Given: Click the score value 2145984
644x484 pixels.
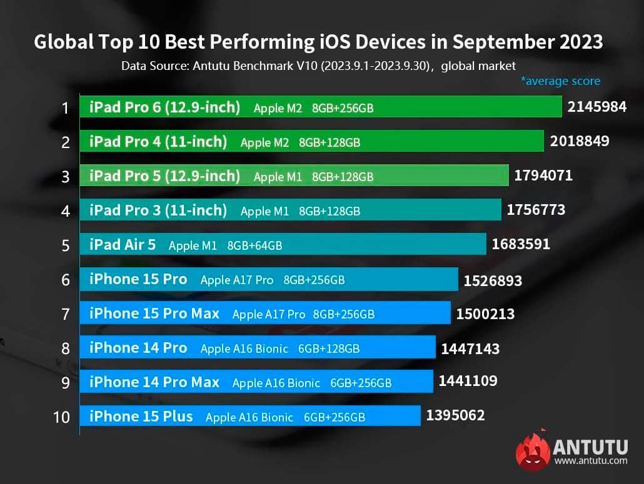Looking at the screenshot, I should (596, 107).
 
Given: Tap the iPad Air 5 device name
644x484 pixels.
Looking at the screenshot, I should (122, 245).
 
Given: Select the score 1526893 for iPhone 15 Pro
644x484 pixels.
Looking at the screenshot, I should (492, 282).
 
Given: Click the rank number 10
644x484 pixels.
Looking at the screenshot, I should (62, 417).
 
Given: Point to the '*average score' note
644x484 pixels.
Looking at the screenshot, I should (560, 81).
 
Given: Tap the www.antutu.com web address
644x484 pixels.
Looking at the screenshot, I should (590, 462).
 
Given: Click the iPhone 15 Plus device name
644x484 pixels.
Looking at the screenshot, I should (141, 416).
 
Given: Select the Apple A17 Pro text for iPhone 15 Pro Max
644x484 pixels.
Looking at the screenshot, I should (269, 314).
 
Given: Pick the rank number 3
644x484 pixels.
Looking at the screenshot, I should (66, 177).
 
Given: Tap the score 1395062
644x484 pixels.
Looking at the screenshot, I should (455, 415).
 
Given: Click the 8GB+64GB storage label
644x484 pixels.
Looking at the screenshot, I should (254, 246).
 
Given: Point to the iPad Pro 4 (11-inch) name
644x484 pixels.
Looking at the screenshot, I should (158, 142).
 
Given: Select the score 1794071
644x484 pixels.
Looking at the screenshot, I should (543, 176).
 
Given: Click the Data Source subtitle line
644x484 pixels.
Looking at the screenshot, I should (319, 66).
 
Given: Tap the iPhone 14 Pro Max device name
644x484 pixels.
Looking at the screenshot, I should (154, 382).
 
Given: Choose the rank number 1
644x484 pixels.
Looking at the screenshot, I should (65, 108).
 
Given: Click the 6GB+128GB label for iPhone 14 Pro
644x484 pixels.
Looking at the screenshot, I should (328, 348).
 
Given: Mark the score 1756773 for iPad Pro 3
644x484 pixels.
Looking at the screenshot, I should (535, 210).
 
